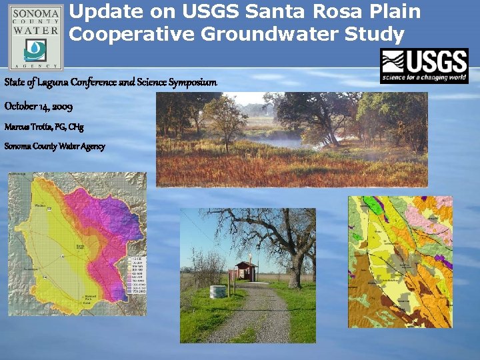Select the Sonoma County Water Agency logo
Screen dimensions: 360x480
pos(35,37)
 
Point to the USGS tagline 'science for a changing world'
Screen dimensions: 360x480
pos(424,79)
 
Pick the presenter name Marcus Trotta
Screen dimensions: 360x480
pos(28,127)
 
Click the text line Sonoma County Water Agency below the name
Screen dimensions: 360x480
pos(55,146)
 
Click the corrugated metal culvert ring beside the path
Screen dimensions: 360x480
pos(218,293)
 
